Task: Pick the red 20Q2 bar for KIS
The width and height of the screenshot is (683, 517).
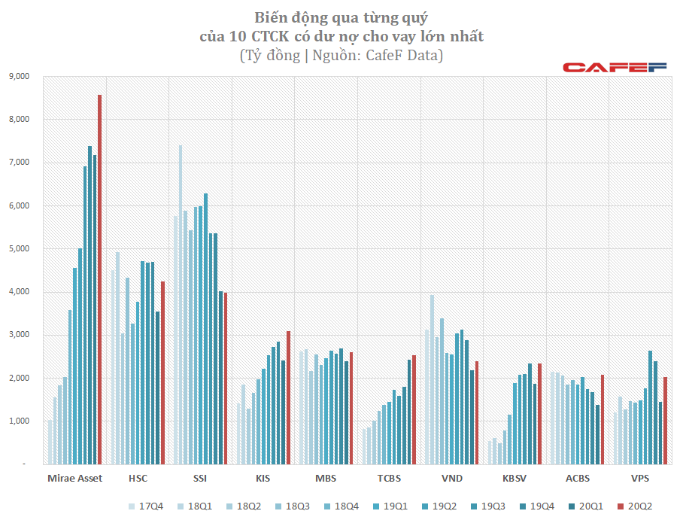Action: click(x=288, y=398)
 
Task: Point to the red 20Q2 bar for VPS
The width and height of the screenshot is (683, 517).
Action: click(x=665, y=421)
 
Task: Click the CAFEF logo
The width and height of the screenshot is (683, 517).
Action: click(x=615, y=68)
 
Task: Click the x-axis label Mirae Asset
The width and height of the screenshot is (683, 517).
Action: click(x=74, y=478)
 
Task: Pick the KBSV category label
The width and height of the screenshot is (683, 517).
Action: click(x=515, y=478)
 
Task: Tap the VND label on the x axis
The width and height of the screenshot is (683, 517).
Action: click(x=451, y=478)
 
